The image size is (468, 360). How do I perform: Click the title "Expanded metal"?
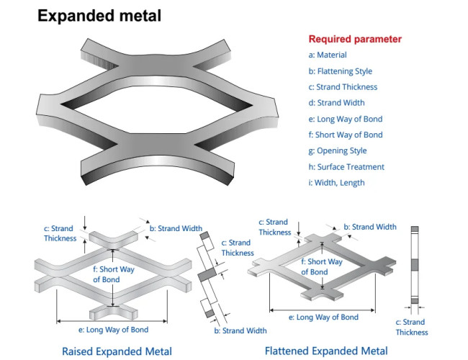tap(99, 15)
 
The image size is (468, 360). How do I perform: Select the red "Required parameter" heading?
tap(355, 40)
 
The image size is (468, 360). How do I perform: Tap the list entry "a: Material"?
tap(328, 55)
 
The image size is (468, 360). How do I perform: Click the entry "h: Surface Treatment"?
tap(343, 166)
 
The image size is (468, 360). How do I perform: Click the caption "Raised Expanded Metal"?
tap(117, 351)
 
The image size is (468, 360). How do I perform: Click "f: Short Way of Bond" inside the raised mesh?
tap(114, 274)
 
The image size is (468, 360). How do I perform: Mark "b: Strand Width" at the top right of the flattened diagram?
tap(370, 227)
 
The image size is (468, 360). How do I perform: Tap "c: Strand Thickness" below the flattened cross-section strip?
tap(412, 327)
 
